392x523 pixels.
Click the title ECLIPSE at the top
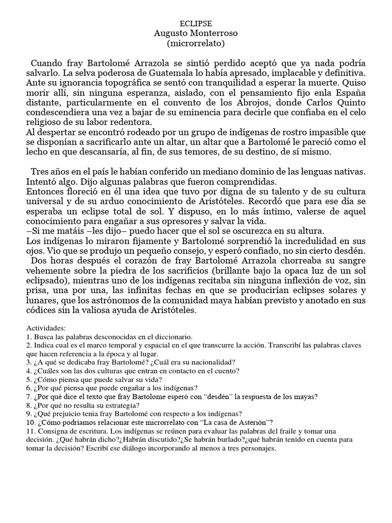[195, 24]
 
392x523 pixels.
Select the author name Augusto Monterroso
[195, 34]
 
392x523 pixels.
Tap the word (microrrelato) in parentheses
[195, 44]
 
